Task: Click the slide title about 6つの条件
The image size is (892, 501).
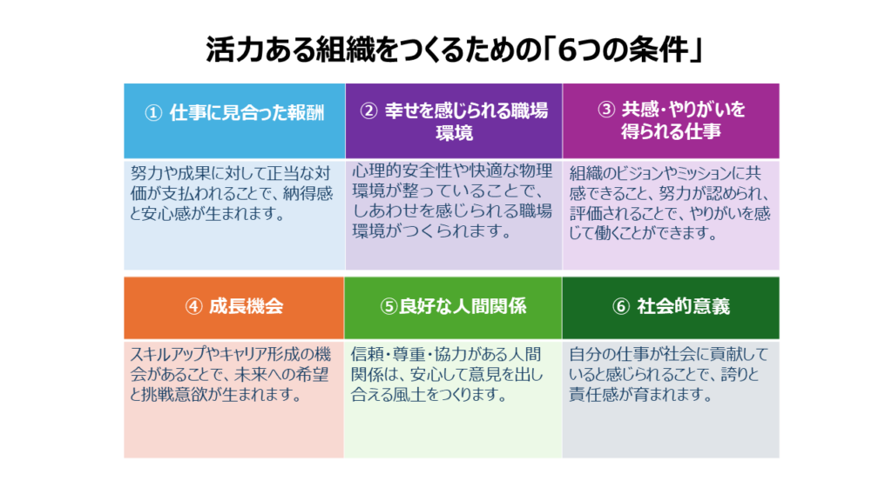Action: pyautogui.click(x=455, y=50)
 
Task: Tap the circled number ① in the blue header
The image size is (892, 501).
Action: pyautogui.click(x=153, y=113)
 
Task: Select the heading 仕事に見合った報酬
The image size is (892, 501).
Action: pyautogui.click(x=247, y=113)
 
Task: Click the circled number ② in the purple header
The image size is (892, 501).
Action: pyautogui.click(x=368, y=110)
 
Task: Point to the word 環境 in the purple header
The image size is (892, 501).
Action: pyautogui.click(x=454, y=133)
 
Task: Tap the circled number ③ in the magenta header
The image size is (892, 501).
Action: pyautogui.click(x=606, y=109)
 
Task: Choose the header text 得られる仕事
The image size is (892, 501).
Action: pyautogui.click(x=671, y=132)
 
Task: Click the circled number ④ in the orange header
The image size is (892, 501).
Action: pyautogui.click(x=194, y=307)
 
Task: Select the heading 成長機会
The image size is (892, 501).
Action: pyautogui.click(x=247, y=307)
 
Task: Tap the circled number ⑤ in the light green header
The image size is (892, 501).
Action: pyautogui.click(x=389, y=307)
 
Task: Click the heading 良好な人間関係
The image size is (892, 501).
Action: pyautogui.click(x=463, y=307)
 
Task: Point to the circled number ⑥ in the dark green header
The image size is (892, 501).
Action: pyautogui.click(x=620, y=307)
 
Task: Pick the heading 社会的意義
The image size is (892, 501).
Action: pyautogui.click(x=683, y=307)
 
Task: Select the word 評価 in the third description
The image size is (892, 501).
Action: pyautogui.click(x=583, y=214)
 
